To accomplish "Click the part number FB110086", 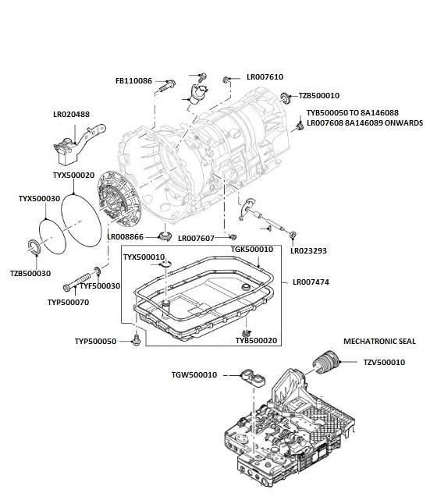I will click(x=133, y=81).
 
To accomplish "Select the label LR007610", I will click(x=265, y=78).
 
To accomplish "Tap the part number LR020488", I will click(x=71, y=115).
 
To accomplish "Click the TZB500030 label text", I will click(x=30, y=274).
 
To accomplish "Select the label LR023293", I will click(x=308, y=251).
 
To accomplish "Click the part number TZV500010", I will click(x=384, y=362).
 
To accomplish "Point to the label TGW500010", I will click(x=195, y=375).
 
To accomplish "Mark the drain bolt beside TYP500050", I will click(x=137, y=341).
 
